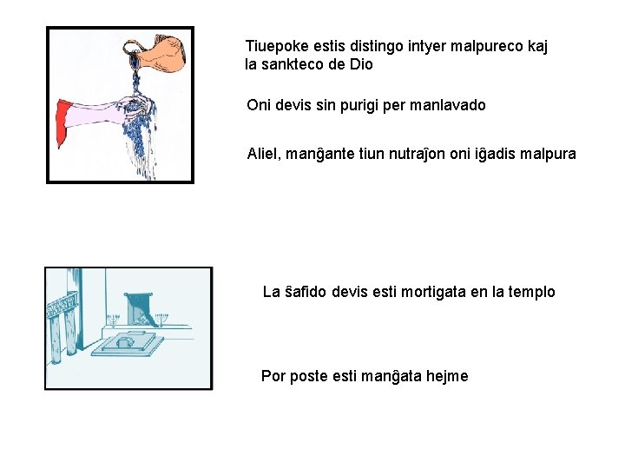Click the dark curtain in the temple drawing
[139, 308]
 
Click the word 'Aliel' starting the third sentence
[264, 154]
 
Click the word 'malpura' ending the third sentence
[547, 154]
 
